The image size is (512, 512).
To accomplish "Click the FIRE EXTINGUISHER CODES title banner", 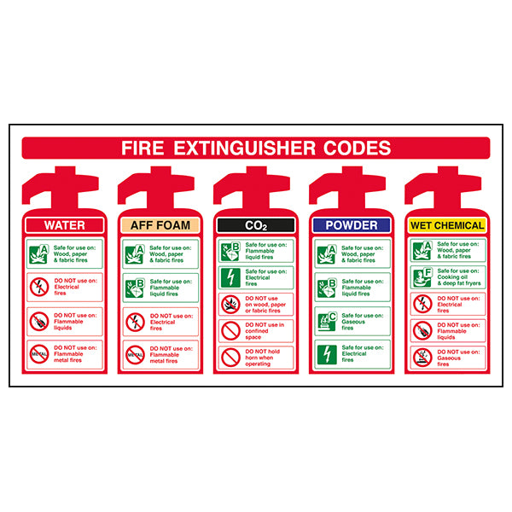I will (x=256, y=148).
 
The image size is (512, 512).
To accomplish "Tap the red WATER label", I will (x=65, y=225).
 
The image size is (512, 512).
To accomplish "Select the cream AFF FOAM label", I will (x=160, y=225).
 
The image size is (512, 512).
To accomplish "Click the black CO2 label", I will (x=256, y=225).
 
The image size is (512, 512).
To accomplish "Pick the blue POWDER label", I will (x=352, y=225).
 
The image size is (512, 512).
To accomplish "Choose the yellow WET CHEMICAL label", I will (x=447, y=225).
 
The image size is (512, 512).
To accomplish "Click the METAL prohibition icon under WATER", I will (x=38, y=354).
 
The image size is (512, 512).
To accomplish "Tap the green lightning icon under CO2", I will (x=230, y=277).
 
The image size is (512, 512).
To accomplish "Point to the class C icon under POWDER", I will (x=326, y=320).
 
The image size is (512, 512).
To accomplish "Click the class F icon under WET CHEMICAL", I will (x=422, y=277).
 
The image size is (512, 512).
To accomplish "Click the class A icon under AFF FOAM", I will (x=135, y=253).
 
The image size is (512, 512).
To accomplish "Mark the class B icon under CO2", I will (x=230, y=251).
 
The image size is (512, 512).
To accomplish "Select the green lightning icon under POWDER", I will (x=326, y=352).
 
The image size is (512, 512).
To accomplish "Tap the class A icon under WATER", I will (x=38, y=253).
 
